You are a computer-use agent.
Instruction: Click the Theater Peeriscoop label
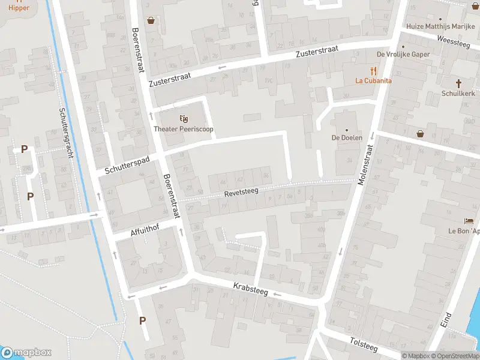184,129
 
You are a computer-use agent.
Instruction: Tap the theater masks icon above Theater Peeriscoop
184,118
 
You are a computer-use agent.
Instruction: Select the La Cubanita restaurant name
373,80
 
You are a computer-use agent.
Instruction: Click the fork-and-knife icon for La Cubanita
373,70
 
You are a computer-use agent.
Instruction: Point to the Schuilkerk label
458,94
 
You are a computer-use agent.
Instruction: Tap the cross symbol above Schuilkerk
459,83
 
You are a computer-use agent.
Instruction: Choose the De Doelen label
346,137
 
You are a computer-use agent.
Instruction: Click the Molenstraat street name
365,164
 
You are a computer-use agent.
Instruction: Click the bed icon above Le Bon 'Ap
469,221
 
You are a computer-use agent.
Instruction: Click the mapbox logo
27,353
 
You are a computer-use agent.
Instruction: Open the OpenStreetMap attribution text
454,356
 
